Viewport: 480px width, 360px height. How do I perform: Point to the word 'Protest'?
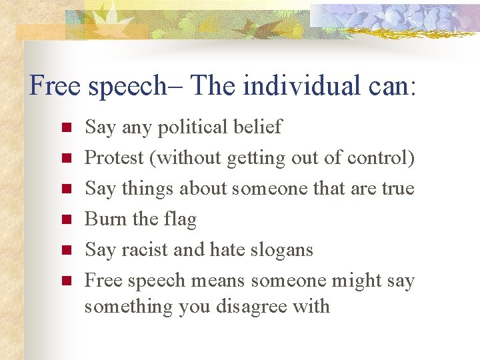(x=114, y=157)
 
